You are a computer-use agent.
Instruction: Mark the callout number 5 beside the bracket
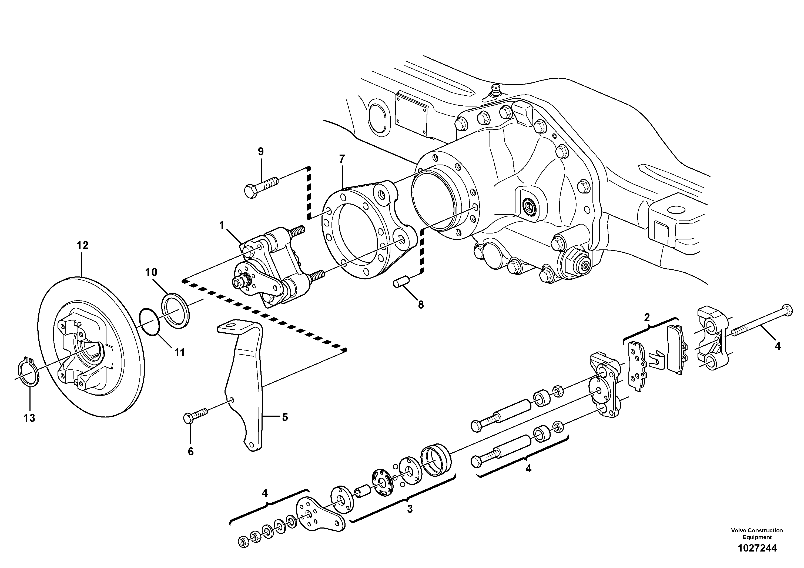click(285, 417)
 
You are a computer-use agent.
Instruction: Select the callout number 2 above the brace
click(647, 318)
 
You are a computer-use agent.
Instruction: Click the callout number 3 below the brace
click(410, 509)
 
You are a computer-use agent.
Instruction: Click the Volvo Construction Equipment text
click(757, 534)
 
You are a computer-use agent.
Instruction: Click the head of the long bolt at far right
click(786, 310)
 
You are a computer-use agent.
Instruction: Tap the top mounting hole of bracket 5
click(229, 326)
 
